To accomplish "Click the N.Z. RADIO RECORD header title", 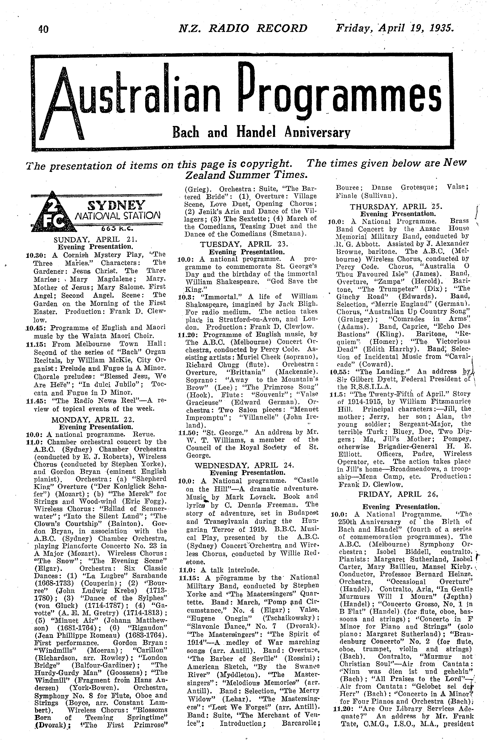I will (x=243, y=28).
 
